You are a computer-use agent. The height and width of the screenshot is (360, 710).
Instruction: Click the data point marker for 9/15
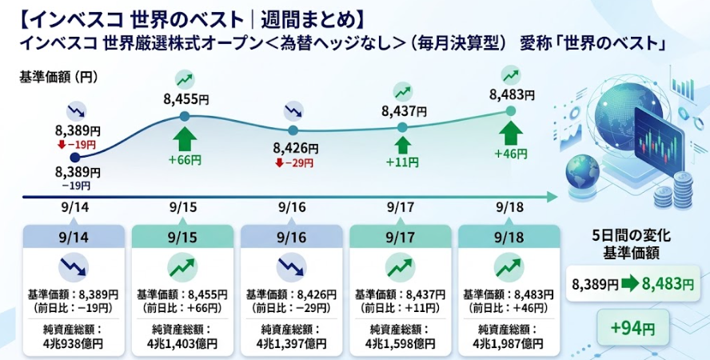tap(184, 117)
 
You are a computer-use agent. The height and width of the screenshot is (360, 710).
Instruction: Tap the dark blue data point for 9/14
tap(76, 157)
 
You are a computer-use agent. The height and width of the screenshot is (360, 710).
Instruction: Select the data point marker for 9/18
tap(510, 111)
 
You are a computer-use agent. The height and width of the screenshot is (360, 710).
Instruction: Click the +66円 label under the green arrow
tap(185, 160)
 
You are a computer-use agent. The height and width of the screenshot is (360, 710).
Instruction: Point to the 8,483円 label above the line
tap(513, 94)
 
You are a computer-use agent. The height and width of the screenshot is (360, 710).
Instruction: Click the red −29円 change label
tap(294, 163)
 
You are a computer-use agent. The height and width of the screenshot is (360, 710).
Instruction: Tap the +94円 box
tap(633, 328)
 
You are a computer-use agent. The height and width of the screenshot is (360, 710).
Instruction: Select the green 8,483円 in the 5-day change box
tap(668, 284)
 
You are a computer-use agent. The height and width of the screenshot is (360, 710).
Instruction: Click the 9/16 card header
tap(292, 237)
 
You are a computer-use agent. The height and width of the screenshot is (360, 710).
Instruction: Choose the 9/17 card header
tap(401, 237)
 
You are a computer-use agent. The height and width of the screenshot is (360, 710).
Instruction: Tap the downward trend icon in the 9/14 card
tap(74, 268)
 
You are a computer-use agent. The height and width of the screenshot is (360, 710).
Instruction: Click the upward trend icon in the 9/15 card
tap(183, 268)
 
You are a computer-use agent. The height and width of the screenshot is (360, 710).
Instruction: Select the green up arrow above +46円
tap(510, 132)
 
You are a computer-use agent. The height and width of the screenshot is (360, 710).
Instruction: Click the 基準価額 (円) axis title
tap(58, 78)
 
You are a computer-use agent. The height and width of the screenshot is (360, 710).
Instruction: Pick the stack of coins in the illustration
tap(674, 191)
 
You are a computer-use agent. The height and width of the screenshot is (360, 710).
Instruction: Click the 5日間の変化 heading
tap(631, 236)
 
